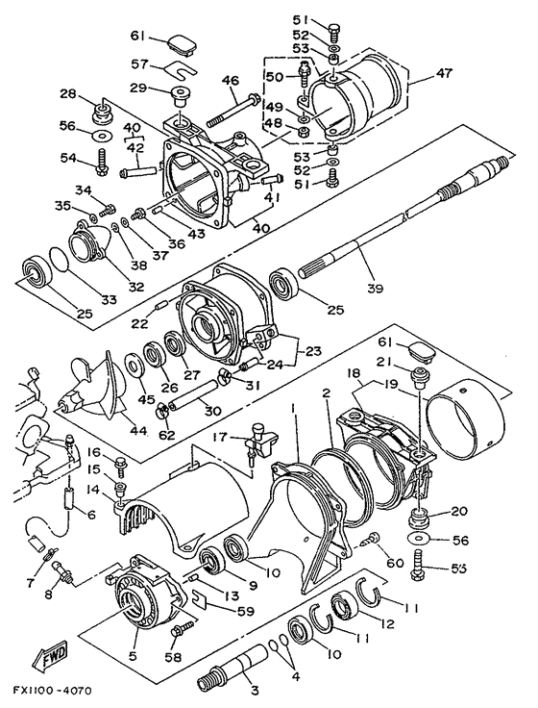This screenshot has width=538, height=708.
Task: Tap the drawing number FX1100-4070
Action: (x=52, y=692)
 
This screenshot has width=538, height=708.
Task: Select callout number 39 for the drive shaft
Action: (x=375, y=288)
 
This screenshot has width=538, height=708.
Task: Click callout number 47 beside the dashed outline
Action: (x=444, y=73)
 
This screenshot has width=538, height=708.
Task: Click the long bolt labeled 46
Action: (x=233, y=110)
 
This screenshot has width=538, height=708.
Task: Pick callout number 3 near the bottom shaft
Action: (x=255, y=690)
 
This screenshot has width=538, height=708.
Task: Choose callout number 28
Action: (x=69, y=94)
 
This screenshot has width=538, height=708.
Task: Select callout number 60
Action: (x=395, y=563)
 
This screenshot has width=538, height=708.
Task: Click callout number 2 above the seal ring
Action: (x=326, y=392)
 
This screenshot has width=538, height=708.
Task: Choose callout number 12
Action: (x=387, y=624)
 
